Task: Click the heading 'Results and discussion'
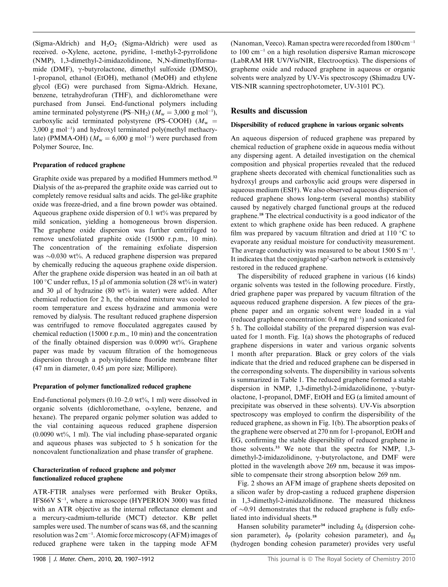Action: pyautogui.click(x=269, y=111)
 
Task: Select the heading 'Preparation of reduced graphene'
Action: pyautogui.click(x=79, y=165)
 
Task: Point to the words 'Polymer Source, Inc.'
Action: pyautogui.click(x=63, y=147)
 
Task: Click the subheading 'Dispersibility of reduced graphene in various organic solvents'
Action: pyautogui.click(x=317, y=125)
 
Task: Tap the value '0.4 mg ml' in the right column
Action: pyautogui.click(x=342, y=319)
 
